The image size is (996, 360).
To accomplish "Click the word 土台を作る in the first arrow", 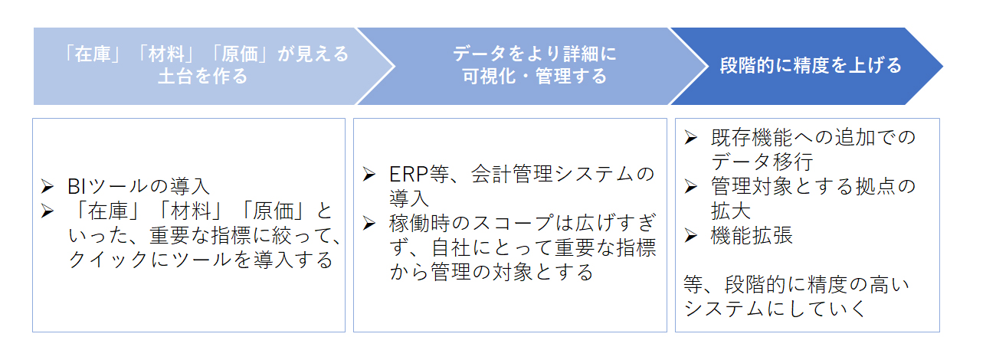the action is tap(203, 77).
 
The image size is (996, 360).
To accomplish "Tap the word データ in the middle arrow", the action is tap(480, 54).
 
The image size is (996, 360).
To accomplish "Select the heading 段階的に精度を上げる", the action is tap(811, 65).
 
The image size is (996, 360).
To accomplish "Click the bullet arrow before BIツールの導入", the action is tap(48, 186).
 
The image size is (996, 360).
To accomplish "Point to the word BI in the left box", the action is tap(76, 187).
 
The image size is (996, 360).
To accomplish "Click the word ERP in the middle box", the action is tap(408, 174).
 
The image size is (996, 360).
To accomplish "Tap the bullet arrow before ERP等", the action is tap(369, 174).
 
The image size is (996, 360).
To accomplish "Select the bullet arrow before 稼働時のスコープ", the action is tap(369, 223).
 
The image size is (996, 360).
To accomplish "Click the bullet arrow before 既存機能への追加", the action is tap(690, 137).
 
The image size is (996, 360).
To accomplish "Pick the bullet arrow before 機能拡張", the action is tap(690, 235).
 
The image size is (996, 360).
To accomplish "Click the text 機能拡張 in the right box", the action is tap(752, 236).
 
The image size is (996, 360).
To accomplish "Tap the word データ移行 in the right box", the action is tap(762, 162).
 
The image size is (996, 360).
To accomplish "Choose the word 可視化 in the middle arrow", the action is tap(489, 77).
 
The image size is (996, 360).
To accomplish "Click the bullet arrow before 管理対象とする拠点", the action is tap(690, 186).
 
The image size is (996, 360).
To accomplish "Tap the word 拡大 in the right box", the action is tap(731, 211).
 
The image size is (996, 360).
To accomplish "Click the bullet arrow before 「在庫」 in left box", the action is tap(48, 211).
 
